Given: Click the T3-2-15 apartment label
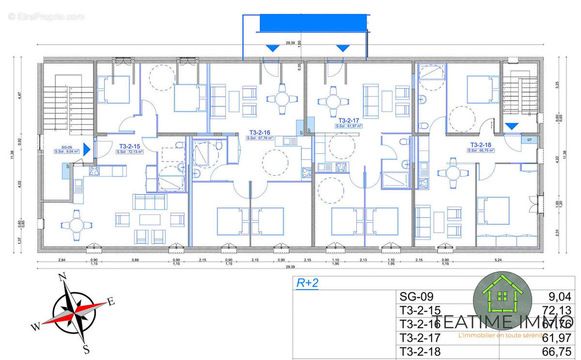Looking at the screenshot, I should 130,146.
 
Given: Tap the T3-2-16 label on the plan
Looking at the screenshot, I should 260,132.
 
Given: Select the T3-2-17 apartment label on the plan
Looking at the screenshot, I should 349,120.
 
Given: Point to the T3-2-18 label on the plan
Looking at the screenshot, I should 481,145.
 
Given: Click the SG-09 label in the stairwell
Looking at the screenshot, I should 66,147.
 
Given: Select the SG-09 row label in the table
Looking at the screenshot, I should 416,297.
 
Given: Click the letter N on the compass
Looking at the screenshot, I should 62,277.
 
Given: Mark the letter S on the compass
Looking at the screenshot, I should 85,349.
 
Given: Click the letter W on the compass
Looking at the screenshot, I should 36,327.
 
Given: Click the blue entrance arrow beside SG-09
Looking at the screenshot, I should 87,149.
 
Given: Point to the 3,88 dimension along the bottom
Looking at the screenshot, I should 135,260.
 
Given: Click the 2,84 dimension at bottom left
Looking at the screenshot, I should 61,260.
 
